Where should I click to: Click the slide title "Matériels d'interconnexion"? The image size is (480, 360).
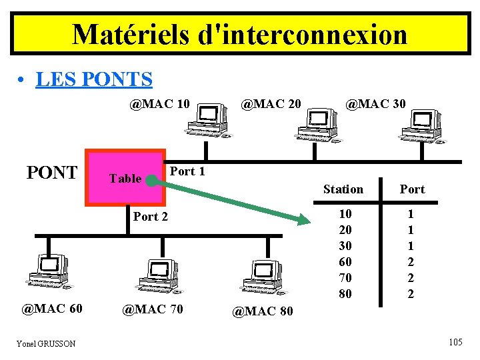[239, 34]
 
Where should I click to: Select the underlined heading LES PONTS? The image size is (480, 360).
[94, 79]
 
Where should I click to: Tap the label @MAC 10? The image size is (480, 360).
[160, 104]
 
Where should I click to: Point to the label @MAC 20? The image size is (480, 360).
[271, 104]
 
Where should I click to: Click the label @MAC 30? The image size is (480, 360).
[374, 104]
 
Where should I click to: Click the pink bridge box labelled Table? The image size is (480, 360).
[125, 178]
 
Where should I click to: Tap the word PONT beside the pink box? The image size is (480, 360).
[51, 173]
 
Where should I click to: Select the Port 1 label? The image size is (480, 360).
[187, 171]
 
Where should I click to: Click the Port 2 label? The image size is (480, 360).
[151, 216]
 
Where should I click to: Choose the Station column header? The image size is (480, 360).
[343, 189]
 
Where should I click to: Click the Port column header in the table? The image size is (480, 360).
[412, 189]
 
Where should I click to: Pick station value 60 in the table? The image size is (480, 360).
[345, 262]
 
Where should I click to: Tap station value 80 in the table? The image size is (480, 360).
[345, 294]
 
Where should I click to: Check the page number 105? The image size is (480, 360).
[456, 343]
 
